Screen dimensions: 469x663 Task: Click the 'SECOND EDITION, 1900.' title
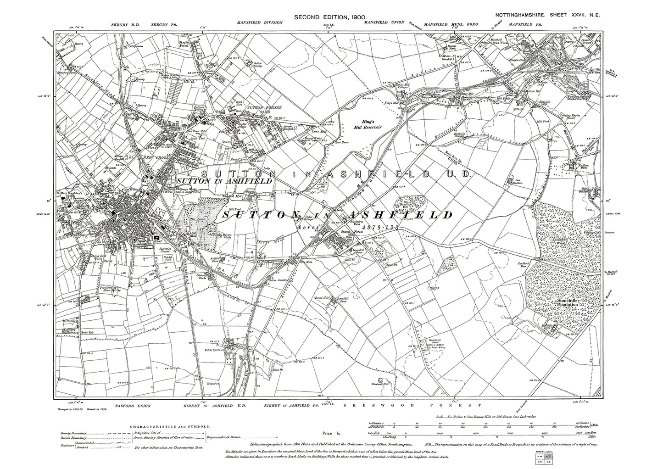pyautogui.click(x=330, y=17)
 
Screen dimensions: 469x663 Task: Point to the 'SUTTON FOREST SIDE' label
pyautogui.click(x=254, y=109)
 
